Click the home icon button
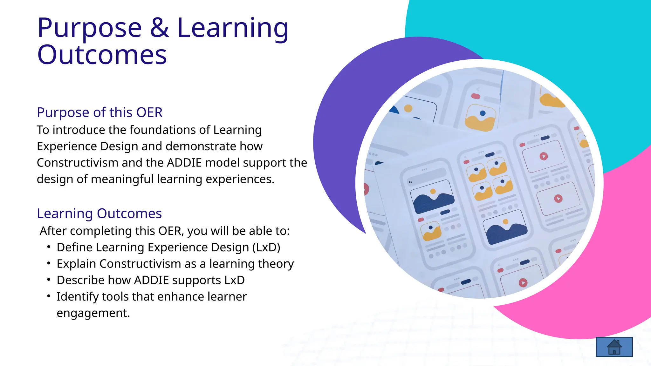[x=614, y=347]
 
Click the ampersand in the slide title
[x=159, y=28]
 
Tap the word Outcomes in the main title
[x=102, y=55]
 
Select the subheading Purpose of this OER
[x=99, y=112]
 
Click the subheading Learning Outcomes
[x=99, y=213]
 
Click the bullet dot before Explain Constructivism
[x=49, y=263]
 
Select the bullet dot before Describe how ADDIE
[x=49, y=280]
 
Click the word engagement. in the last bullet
[x=93, y=313]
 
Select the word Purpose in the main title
[x=89, y=28]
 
